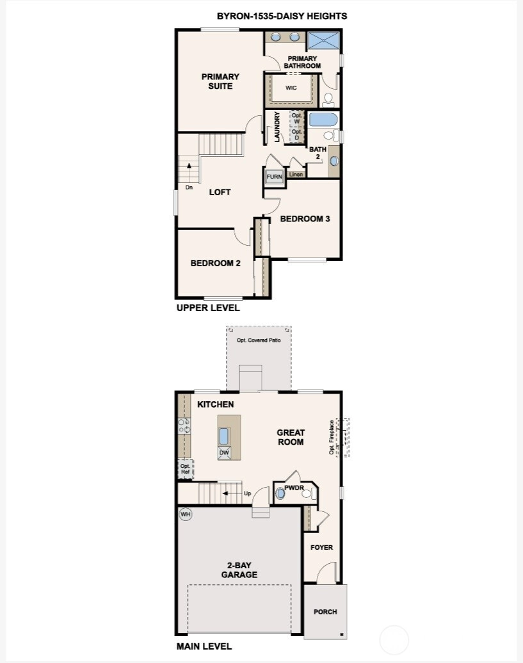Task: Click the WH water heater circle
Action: pos(185,514)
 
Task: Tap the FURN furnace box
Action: pos(274,177)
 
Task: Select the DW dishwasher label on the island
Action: pos(224,453)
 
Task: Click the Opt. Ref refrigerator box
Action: pos(185,469)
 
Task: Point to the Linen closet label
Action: pos(296,174)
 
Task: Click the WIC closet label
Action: pos(291,88)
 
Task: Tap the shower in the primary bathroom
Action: pos(323,40)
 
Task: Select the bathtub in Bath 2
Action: pos(323,119)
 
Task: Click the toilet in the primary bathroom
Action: pos(328,100)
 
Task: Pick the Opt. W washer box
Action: pos(297,118)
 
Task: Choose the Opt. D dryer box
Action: pos(297,135)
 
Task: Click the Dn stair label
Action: pos(189,188)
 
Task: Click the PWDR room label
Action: pos(294,488)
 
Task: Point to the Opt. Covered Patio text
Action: pos(259,340)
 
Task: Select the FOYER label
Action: pos(321,547)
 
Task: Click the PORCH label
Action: pos(325,612)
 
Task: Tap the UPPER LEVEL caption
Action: pos(208,308)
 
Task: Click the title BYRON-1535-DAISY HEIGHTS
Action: pos(282,16)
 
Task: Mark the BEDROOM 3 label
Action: pos(305,219)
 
